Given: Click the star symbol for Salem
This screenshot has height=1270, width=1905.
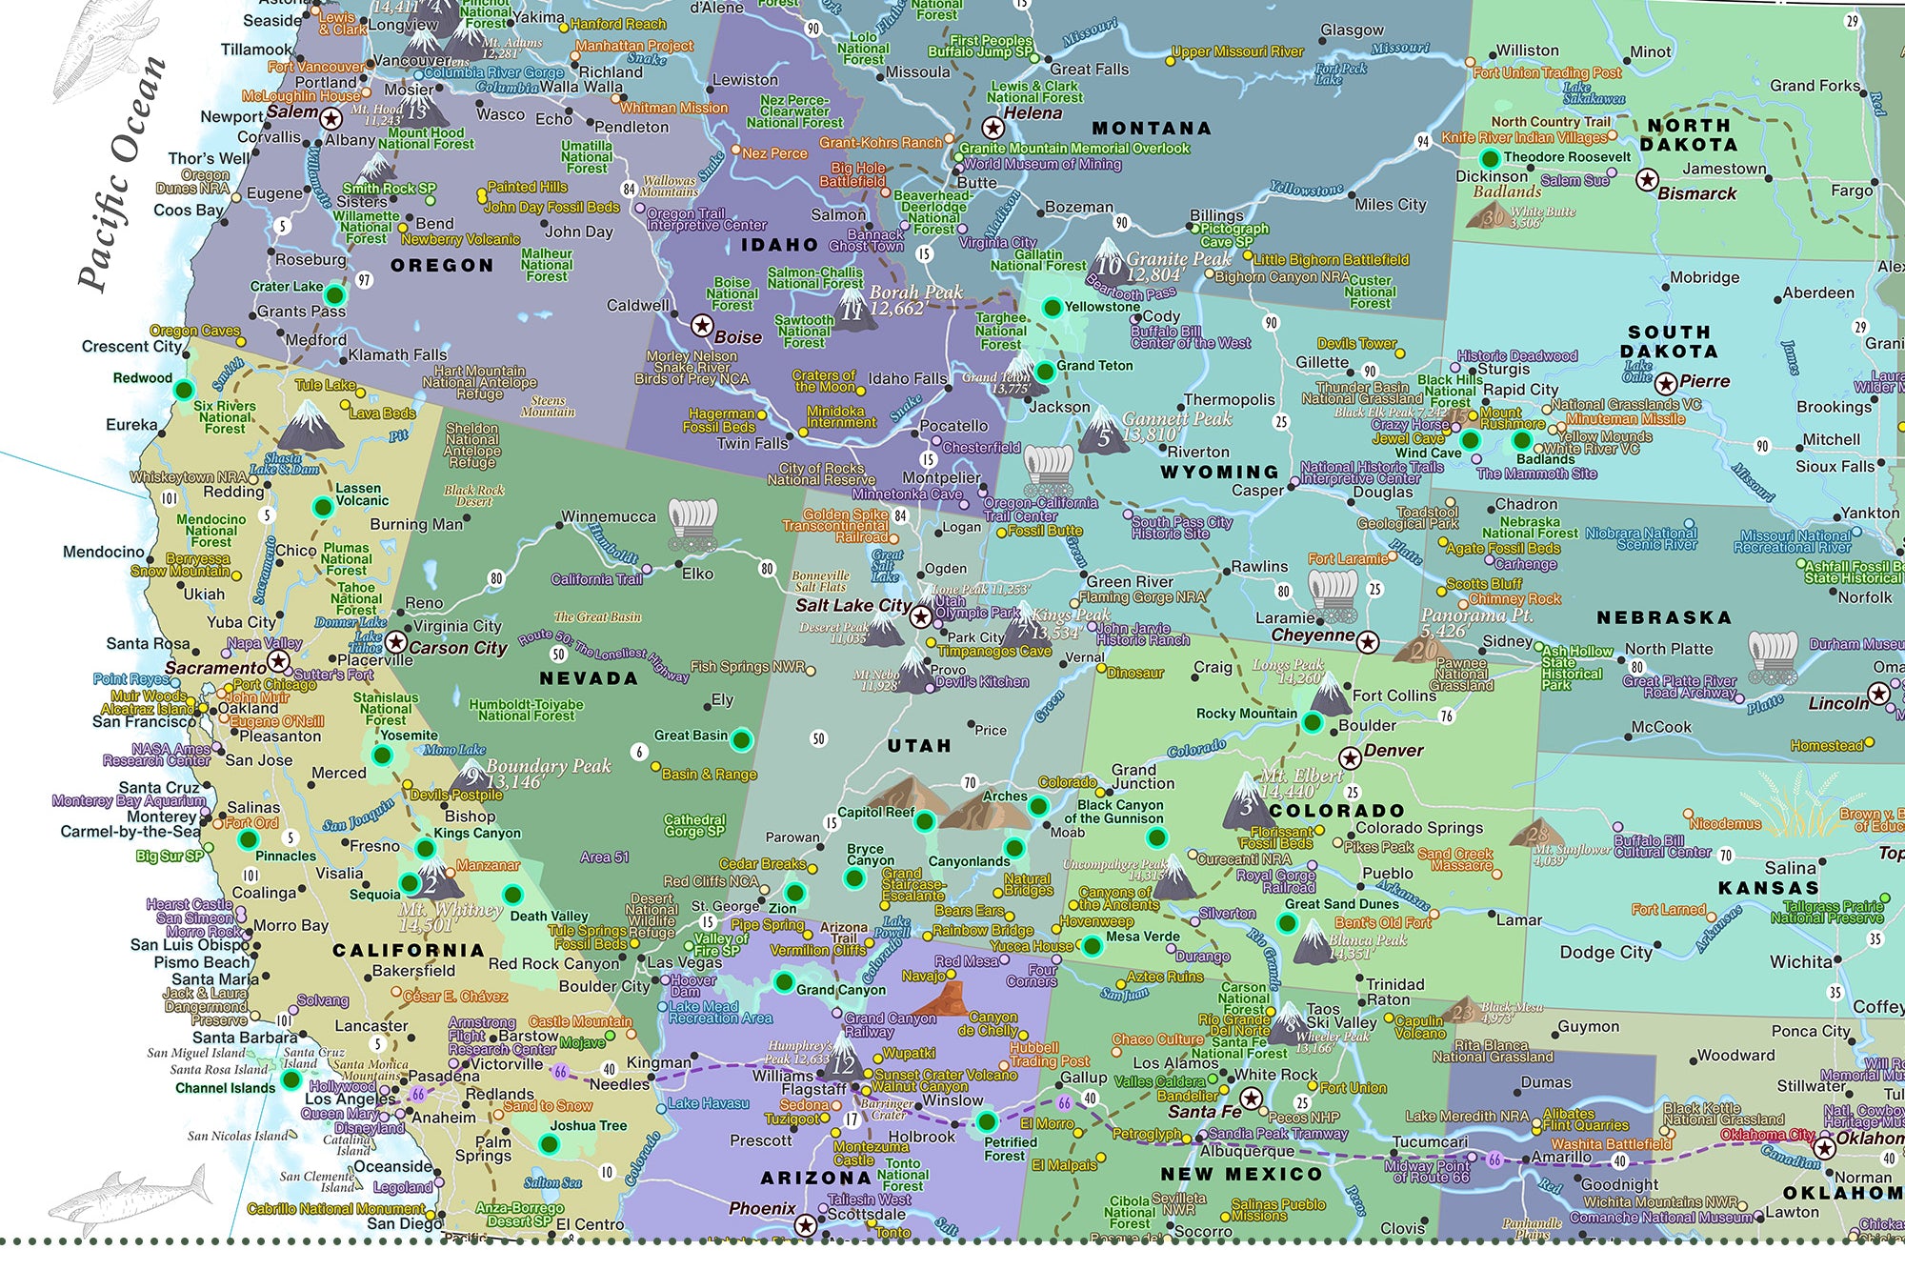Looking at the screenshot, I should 331,119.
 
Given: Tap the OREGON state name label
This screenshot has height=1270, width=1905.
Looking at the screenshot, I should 442,266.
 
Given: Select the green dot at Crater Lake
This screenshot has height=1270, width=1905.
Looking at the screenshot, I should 334,293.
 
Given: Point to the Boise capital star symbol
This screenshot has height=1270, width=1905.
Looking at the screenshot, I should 702,326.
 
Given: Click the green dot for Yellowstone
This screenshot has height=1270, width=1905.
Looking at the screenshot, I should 1052,307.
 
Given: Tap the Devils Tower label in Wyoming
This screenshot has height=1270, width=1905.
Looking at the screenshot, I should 1356,343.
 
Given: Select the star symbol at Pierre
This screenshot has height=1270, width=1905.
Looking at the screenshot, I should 1665,384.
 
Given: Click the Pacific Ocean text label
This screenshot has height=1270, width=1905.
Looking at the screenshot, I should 122,173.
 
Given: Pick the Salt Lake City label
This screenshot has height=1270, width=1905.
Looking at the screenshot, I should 852,606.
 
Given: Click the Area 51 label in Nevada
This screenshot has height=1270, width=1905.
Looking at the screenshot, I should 605,857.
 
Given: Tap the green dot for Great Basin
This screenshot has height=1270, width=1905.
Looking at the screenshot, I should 742,738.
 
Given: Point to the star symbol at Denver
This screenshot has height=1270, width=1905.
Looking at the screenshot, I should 1350,758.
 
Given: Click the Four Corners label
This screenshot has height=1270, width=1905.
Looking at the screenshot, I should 1031,976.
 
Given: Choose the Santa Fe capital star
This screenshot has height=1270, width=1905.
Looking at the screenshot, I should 1252,1099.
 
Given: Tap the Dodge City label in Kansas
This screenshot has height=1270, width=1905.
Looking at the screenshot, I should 1606,952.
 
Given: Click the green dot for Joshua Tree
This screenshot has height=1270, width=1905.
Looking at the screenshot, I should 549,1143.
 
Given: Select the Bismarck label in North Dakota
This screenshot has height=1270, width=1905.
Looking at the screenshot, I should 1697,193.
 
